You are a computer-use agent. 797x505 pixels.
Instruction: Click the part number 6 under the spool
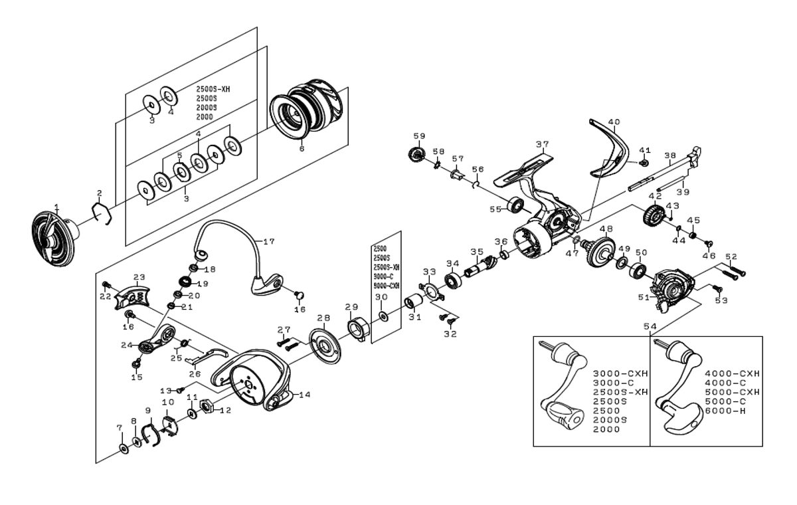[x=302, y=150]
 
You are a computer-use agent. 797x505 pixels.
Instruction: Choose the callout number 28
[x=323, y=318]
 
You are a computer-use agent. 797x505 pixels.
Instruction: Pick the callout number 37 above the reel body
[x=543, y=144]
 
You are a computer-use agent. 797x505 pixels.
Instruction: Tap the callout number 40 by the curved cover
[x=614, y=122]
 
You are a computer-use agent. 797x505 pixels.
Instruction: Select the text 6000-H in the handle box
[x=725, y=411]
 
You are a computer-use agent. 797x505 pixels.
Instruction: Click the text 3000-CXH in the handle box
[x=615, y=373]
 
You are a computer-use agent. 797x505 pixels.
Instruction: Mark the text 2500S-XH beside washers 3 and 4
[x=217, y=88]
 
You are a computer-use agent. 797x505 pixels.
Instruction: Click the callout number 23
[x=139, y=277]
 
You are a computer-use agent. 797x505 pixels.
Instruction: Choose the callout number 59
[x=418, y=136]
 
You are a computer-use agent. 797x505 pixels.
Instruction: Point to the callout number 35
[x=476, y=252]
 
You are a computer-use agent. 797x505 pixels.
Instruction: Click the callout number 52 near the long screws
[x=731, y=256]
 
